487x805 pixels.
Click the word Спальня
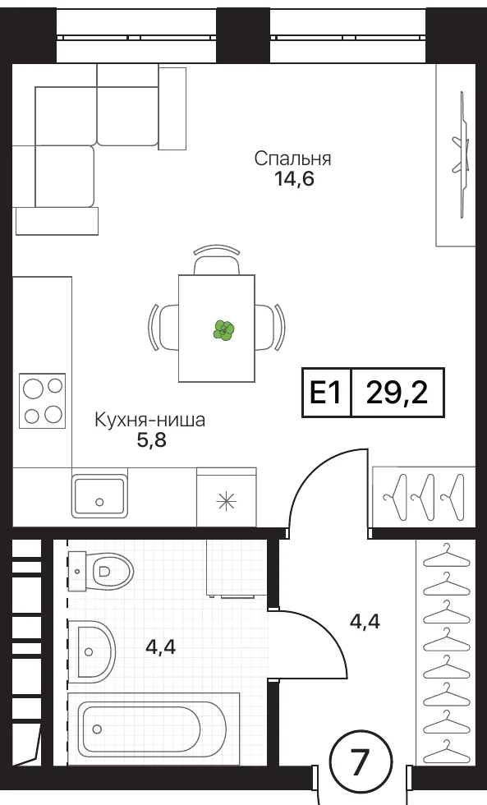(x=292, y=159)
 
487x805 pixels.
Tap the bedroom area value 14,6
(x=293, y=180)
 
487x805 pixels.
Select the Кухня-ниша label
(x=149, y=420)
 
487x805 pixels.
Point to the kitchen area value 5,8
(x=151, y=440)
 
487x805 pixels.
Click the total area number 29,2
(x=397, y=393)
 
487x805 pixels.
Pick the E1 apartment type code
(x=325, y=393)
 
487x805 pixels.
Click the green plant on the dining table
(x=223, y=330)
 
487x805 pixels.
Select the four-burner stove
(x=43, y=401)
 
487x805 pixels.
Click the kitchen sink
(x=99, y=496)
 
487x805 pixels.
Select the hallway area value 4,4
(x=365, y=622)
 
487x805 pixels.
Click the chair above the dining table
(x=217, y=260)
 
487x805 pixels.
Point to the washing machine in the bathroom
(x=237, y=568)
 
